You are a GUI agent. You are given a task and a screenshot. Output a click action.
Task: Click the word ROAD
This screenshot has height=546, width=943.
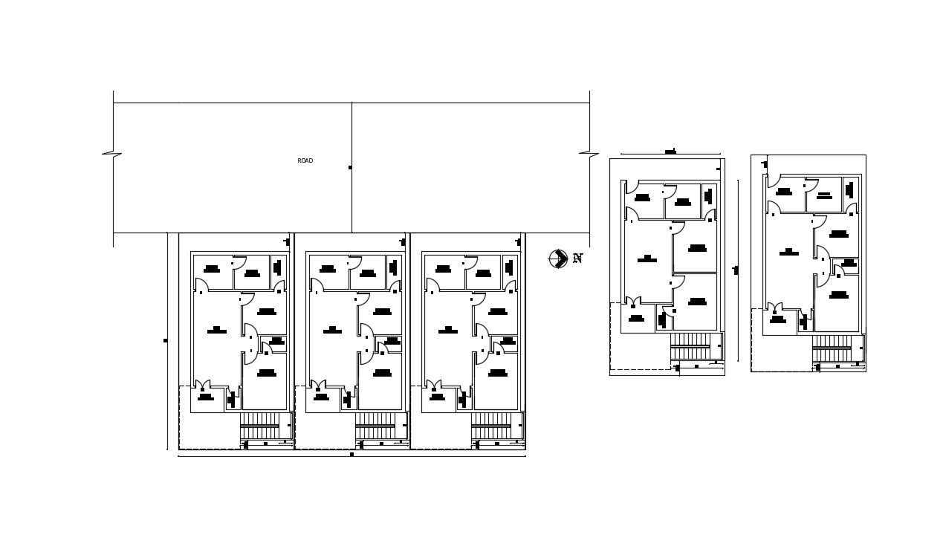point(305,160)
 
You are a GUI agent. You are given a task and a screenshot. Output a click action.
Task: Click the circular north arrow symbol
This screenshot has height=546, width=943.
point(557,259)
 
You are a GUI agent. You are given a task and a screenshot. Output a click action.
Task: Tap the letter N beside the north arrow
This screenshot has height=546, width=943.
point(577,259)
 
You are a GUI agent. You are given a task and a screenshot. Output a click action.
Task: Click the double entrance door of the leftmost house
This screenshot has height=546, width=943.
point(203,386)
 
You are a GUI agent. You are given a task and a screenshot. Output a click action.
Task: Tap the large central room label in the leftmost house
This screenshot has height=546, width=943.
point(216,329)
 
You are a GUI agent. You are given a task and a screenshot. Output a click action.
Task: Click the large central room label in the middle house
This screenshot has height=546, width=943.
point(332,329)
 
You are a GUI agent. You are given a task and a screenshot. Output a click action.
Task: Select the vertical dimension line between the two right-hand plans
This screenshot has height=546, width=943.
point(738,270)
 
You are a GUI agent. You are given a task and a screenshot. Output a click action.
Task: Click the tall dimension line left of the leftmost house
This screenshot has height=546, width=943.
point(167,341)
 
